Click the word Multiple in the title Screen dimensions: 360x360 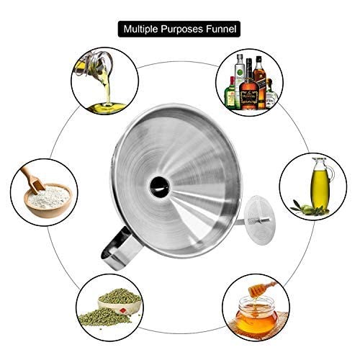tap(140, 30)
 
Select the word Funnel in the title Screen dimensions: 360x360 tap(221, 29)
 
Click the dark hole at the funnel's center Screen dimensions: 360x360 tap(159, 186)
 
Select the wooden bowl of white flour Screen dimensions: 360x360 tap(48, 201)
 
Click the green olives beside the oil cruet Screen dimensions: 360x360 tap(308, 208)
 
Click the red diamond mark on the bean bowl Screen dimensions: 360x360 tap(122, 310)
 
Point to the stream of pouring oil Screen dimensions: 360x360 tap(107, 88)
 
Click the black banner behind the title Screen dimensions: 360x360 tap(179, 29)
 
